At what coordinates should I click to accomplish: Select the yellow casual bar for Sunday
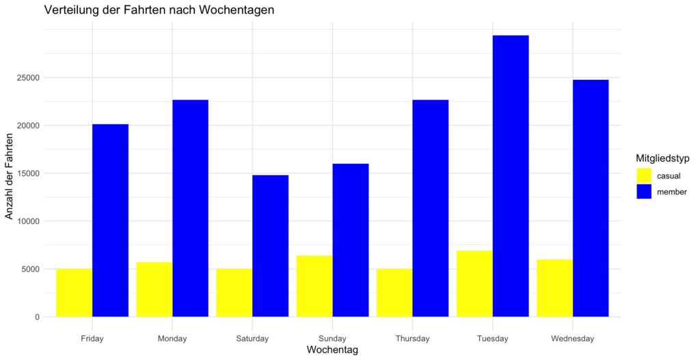point(314,286)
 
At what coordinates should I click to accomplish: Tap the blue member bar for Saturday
point(270,246)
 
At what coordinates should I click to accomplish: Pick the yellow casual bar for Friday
point(74,293)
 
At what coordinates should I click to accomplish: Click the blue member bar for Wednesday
point(591,198)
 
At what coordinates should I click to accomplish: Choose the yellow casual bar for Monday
point(154,290)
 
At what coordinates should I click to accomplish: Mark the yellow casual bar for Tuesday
point(474,283)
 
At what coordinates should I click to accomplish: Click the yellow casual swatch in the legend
point(644,176)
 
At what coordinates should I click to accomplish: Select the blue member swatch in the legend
point(644,192)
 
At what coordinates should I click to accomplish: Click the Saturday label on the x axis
point(252,338)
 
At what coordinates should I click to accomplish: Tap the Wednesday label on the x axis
point(572,338)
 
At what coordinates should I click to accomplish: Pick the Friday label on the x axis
point(92,338)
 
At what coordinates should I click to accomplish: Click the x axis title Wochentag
point(332,350)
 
